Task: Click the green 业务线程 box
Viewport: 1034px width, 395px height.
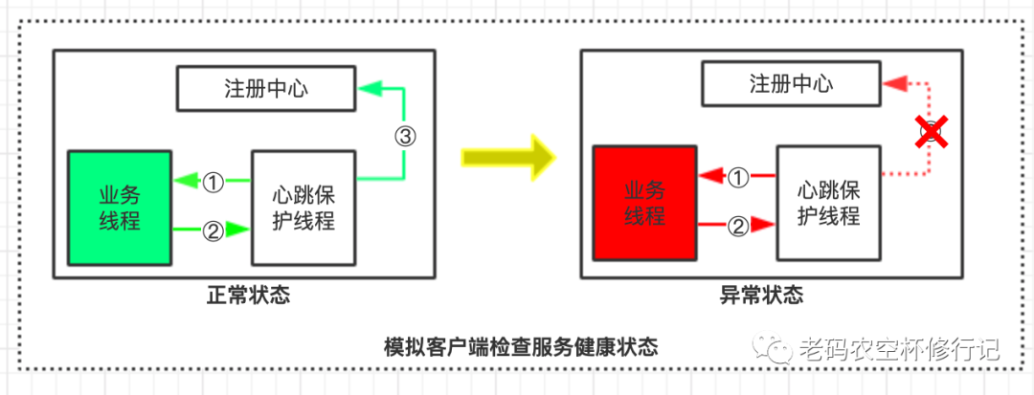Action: (x=120, y=207)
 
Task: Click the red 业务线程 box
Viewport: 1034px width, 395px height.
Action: (x=644, y=203)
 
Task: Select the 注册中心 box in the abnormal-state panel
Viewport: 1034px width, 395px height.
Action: (x=791, y=83)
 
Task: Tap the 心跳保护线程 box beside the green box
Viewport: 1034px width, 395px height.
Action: (x=303, y=207)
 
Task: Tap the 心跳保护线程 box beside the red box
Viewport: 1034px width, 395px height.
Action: (x=828, y=203)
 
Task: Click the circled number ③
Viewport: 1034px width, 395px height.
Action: (x=405, y=136)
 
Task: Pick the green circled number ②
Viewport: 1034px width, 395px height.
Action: (x=213, y=230)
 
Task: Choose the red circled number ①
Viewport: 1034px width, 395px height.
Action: (x=738, y=176)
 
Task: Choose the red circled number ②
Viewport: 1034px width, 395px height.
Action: (x=738, y=226)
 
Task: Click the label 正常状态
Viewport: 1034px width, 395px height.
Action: (x=248, y=296)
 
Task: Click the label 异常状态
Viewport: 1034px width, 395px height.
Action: (x=761, y=295)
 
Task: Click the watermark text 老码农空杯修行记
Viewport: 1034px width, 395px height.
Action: (x=897, y=348)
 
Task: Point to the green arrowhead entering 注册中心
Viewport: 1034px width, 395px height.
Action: (x=371, y=89)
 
